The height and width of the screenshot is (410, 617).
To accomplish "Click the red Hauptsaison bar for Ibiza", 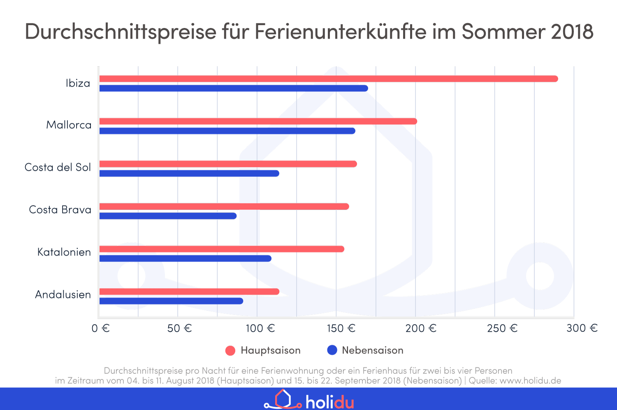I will pyautogui.click(x=328, y=79).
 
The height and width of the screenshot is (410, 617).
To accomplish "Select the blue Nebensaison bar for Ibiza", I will pyautogui.click(x=233, y=88).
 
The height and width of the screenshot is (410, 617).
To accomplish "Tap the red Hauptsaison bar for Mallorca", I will pyautogui.click(x=258, y=121).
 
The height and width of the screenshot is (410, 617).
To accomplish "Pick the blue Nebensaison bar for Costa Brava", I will pyautogui.click(x=168, y=216).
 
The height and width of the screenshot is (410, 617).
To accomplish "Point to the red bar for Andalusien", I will pyautogui.click(x=189, y=291).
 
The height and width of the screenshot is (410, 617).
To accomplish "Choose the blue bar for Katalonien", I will pyautogui.click(x=185, y=259).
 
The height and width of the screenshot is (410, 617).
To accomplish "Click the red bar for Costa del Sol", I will pyautogui.click(x=228, y=164).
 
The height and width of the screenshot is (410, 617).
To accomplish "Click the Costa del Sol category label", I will pyautogui.click(x=58, y=167).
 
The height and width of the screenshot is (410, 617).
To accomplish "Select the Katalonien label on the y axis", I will pyautogui.click(x=64, y=252).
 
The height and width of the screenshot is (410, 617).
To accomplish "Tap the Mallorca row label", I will pyautogui.click(x=69, y=125).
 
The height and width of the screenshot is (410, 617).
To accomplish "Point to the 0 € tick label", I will pyautogui.click(x=100, y=328).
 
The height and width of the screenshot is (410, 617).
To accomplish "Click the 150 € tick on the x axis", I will pyautogui.click(x=341, y=328).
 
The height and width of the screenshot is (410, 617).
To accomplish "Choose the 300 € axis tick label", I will pyautogui.click(x=582, y=328).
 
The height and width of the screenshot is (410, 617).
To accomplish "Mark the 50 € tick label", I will pyautogui.click(x=179, y=328).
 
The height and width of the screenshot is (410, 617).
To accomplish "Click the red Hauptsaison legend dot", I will pyautogui.click(x=230, y=350).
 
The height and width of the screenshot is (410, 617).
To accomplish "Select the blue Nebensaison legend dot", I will pyautogui.click(x=332, y=350).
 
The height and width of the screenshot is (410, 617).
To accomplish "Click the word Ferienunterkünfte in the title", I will pyautogui.click(x=341, y=31).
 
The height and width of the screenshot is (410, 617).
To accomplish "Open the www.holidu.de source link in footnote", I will pyautogui.click(x=530, y=380).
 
